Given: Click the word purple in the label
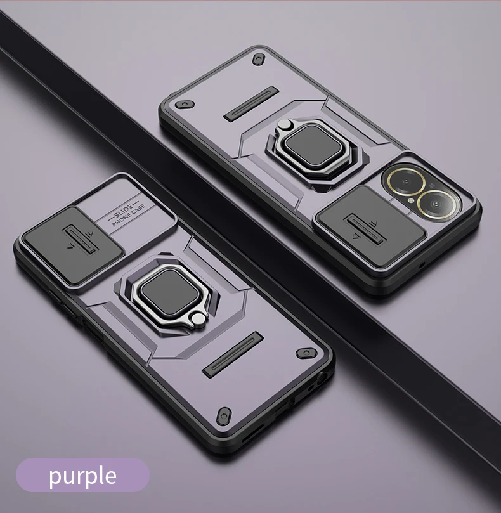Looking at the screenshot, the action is pyautogui.click(x=83, y=476).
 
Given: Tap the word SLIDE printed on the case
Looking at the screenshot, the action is pyautogui.click(x=124, y=211).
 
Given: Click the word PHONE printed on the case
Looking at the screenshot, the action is pyautogui.click(x=122, y=220).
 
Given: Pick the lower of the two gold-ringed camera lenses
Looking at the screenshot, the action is pyautogui.click(x=438, y=205).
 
